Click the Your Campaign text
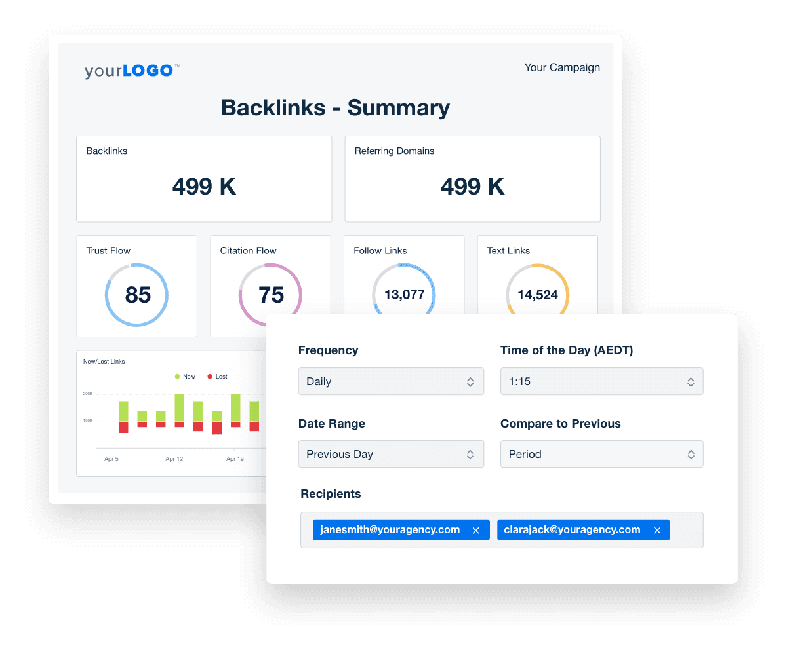click(562, 67)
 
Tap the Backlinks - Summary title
click(335, 108)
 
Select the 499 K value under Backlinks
click(204, 187)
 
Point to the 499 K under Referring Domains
click(472, 187)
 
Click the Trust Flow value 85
click(138, 295)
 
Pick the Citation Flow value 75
click(271, 295)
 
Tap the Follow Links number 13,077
click(404, 295)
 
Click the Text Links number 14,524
click(537, 295)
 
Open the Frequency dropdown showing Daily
click(391, 382)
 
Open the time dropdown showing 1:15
click(601, 382)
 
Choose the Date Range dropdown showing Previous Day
click(391, 455)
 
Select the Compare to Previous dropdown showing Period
click(601, 455)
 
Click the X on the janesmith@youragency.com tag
click(476, 531)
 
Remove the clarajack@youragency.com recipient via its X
click(657, 531)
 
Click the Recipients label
click(331, 494)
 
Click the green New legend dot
click(177, 377)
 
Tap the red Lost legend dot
click(210, 377)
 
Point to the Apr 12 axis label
click(174, 459)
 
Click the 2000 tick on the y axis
click(87, 394)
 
